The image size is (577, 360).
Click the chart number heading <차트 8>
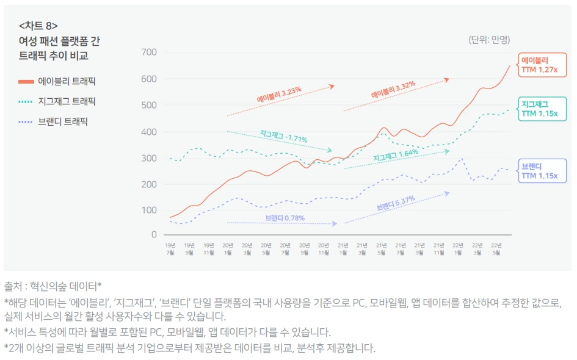[x=38, y=26]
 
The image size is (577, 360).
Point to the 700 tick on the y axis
[x=148, y=52]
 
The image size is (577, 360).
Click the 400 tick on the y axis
[x=148, y=132]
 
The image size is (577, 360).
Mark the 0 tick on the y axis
[x=153, y=234]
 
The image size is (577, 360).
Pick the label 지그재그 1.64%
[x=396, y=156]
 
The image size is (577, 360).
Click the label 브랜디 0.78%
[x=285, y=218]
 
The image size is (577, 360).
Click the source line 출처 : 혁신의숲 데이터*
[x=53, y=286]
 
